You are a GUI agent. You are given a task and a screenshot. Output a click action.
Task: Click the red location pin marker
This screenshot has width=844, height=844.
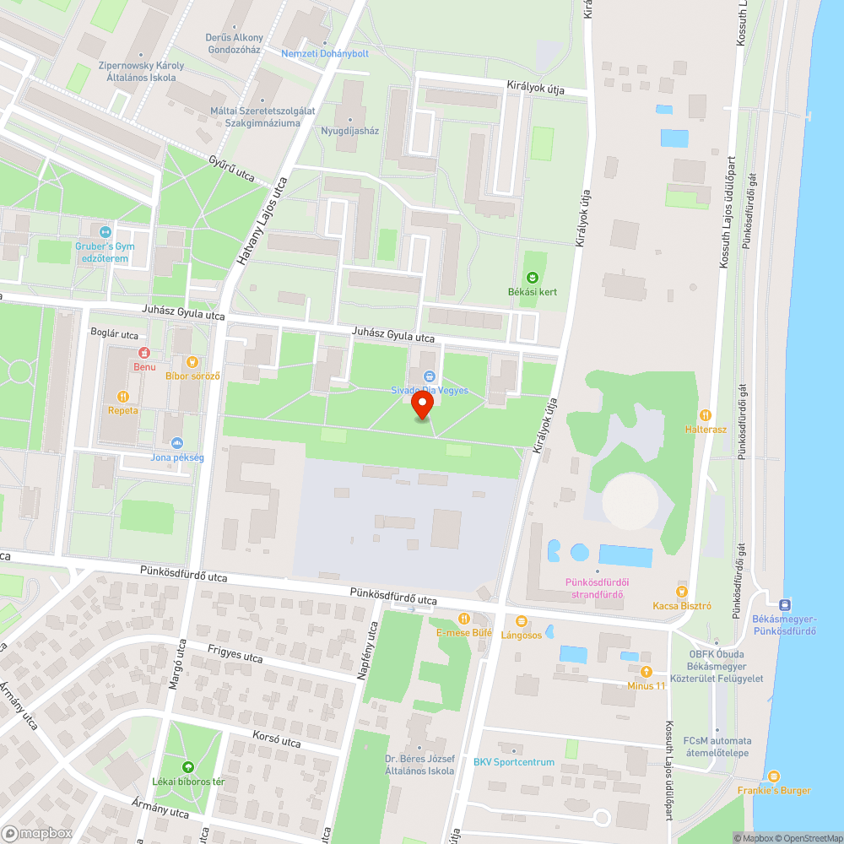click(422, 405)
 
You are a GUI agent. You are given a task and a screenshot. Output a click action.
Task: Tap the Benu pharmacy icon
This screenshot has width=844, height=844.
click(143, 352)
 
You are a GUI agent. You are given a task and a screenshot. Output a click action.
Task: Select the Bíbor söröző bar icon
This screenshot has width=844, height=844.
click(192, 362)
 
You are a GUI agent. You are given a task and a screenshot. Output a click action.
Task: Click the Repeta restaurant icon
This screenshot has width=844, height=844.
click(122, 396)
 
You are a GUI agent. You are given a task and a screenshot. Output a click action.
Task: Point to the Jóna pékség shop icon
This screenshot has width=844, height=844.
click(176, 442)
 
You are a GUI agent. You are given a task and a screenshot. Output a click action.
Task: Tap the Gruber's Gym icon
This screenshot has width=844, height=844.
click(105, 232)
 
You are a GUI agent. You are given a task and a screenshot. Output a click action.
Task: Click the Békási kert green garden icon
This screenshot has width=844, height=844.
click(533, 278)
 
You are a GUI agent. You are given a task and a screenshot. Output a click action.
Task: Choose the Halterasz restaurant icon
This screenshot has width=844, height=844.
click(706, 415)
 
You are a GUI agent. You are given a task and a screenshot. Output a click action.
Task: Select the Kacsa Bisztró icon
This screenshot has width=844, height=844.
click(682, 592)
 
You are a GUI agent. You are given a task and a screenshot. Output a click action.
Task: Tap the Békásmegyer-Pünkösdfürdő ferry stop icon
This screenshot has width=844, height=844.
click(785, 604)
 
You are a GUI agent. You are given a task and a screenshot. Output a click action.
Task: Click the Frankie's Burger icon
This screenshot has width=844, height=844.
click(773, 776)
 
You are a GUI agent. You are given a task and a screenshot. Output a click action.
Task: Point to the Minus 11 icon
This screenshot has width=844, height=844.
click(646, 672)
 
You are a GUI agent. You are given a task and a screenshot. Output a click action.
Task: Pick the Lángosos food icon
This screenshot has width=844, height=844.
click(522, 621)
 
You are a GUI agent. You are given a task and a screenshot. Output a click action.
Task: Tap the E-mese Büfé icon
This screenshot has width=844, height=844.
click(463, 618)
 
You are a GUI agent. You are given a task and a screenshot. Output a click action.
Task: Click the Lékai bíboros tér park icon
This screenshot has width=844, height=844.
click(187, 767)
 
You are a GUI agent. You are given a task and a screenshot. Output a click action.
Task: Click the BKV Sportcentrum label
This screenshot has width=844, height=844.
click(513, 762)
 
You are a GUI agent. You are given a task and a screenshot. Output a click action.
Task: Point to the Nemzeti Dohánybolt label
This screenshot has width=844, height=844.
click(325, 53)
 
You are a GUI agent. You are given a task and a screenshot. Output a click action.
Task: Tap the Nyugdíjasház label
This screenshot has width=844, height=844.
click(350, 131)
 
